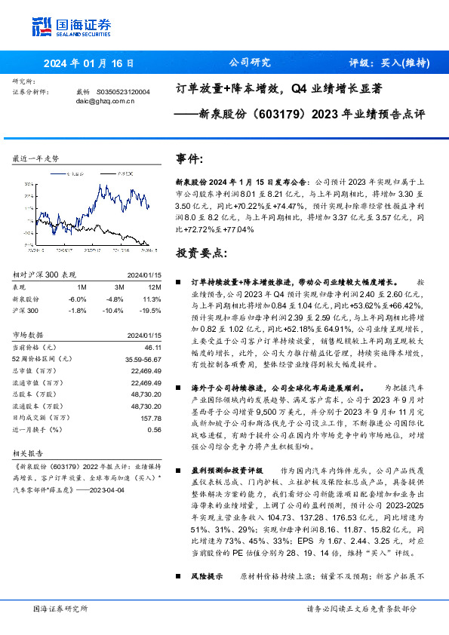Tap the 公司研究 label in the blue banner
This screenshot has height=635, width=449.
click(x=249, y=63)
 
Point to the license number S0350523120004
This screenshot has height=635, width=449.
click(x=123, y=91)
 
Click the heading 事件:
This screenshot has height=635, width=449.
click(x=189, y=159)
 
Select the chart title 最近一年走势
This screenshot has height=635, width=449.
click(x=35, y=159)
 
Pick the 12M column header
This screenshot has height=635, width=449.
click(x=154, y=287)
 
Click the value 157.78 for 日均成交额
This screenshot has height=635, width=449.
click(x=151, y=417)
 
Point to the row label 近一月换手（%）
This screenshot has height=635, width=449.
click(x=37, y=429)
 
